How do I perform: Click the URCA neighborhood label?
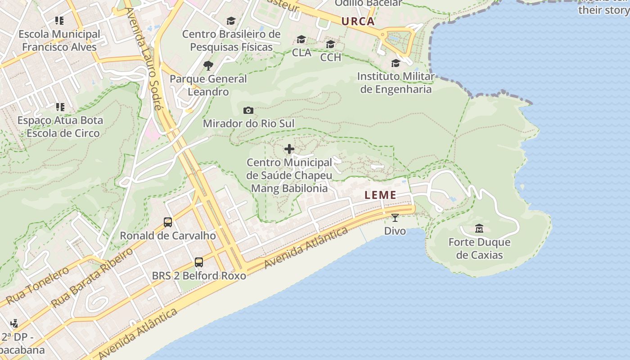358,21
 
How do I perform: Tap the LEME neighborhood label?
381,195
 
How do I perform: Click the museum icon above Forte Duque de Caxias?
479,229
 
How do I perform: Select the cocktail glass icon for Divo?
395,218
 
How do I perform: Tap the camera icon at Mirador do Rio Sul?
248,110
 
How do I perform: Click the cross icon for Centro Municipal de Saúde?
289,149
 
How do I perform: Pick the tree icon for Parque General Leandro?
208,66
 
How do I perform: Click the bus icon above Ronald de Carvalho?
168,222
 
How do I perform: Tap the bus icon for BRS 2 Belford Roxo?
198,262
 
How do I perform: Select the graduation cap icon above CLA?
301,40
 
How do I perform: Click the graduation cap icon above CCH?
330,44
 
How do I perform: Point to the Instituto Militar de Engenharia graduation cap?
396,63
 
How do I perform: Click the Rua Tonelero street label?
38,285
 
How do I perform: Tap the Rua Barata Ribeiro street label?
93,278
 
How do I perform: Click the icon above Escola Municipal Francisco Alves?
59,21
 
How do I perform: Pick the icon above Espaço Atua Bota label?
60,107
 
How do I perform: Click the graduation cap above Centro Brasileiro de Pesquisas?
231,21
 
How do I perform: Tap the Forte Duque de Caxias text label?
479,249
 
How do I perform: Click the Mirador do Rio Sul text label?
248,123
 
